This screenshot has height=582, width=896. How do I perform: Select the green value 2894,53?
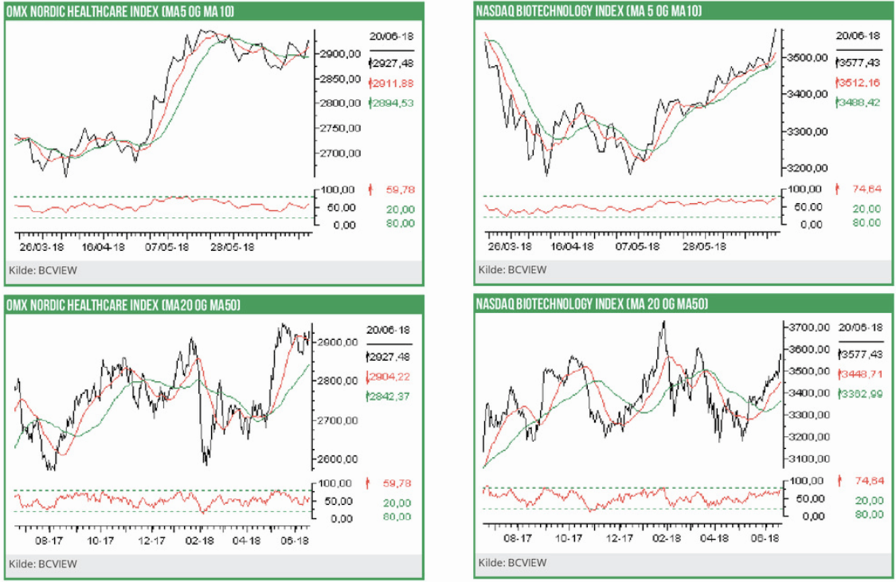pyautogui.click(x=393, y=103)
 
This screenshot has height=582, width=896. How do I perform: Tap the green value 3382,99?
pyautogui.click(x=861, y=393)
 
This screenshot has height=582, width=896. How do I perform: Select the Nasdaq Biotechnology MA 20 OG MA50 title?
pyautogui.click(x=592, y=304)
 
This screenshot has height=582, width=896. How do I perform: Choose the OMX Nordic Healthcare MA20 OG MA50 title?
pyautogui.click(x=123, y=305)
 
